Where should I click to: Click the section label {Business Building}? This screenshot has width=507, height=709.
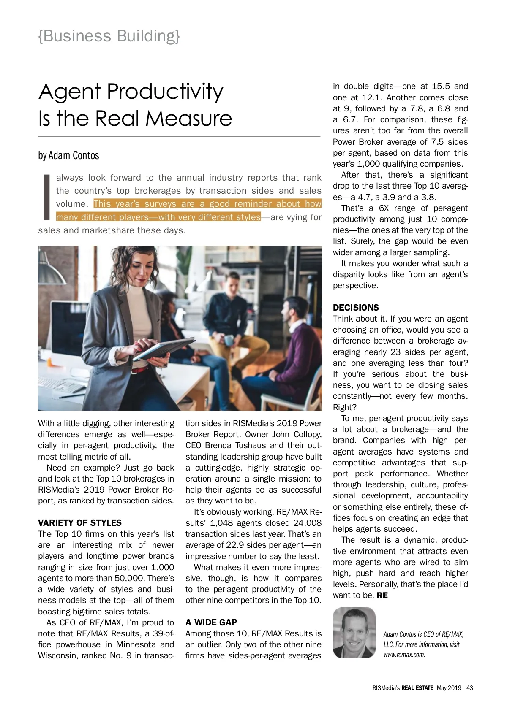pyautogui.click(x=109, y=36)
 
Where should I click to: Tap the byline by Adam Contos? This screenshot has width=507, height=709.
pyautogui.click(x=68, y=155)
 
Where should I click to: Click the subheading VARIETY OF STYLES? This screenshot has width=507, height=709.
pyautogui.click(x=80, y=522)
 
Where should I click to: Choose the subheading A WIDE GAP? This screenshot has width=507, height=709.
pyautogui.click(x=211, y=622)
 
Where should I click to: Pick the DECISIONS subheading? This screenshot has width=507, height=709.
pyautogui.click(x=356, y=308)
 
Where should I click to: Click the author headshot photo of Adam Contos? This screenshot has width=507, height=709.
pyautogui.click(x=354, y=633)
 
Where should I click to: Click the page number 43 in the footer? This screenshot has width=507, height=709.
pyautogui.click(x=470, y=687)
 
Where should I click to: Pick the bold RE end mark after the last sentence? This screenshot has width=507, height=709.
pyautogui.click(x=382, y=595)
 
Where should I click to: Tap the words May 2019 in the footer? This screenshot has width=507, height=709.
pyautogui.click(x=449, y=687)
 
